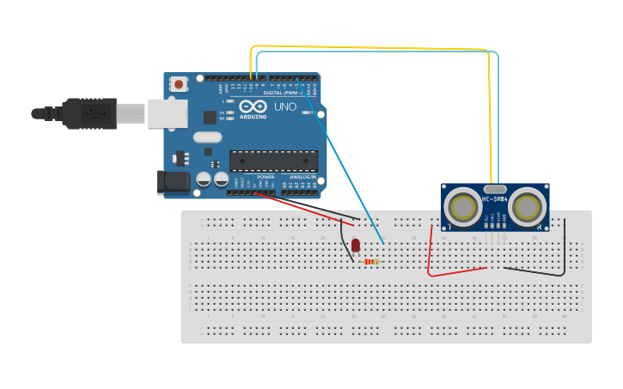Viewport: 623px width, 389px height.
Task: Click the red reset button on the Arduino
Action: (179, 84)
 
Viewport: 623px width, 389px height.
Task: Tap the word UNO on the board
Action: (285, 107)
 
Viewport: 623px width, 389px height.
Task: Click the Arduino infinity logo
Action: (253, 106)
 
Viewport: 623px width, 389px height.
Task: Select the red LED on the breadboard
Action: (356, 246)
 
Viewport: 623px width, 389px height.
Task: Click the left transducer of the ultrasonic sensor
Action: (464, 207)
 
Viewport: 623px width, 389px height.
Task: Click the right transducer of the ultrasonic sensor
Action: (527, 207)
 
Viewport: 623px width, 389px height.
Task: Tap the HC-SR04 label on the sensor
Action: (495, 199)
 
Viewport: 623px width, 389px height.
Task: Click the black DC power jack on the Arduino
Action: (171, 181)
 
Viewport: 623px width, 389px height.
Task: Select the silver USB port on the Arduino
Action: (167, 113)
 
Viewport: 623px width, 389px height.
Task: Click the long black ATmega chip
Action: (273, 161)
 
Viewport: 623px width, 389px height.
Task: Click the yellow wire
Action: (370, 46)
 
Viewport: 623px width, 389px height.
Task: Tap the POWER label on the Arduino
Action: (266, 177)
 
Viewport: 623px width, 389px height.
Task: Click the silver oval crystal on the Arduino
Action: (207, 137)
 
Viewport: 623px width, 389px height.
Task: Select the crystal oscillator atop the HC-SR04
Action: (495, 189)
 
